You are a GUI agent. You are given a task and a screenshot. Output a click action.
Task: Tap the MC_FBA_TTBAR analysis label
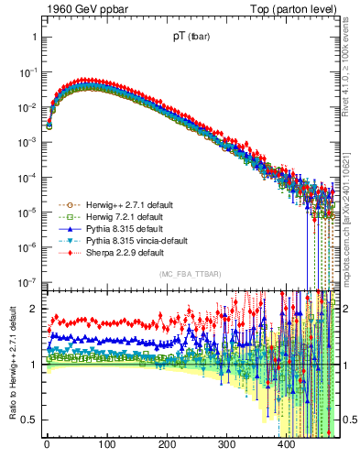coord(191,275)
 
